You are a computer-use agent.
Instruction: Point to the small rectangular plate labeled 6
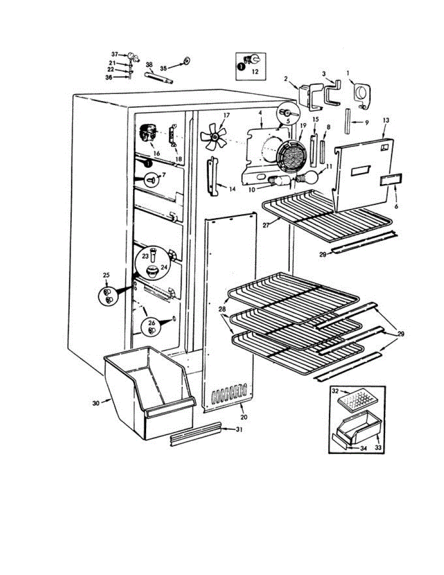point(391,180)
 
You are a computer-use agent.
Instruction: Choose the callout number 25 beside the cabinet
point(106,275)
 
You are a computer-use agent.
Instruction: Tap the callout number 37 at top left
point(114,54)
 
